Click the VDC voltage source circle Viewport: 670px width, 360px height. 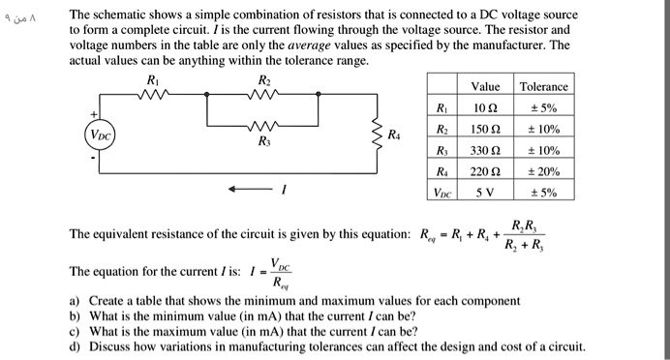(x=100, y=135)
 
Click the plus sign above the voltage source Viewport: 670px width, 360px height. (x=95, y=115)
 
